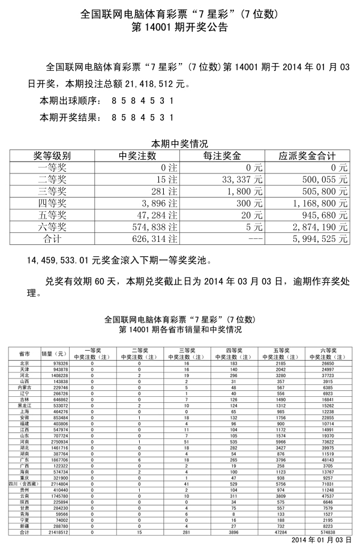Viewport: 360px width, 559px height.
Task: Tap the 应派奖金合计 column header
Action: [307, 156]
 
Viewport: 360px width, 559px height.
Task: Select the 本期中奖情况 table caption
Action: [179, 144]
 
